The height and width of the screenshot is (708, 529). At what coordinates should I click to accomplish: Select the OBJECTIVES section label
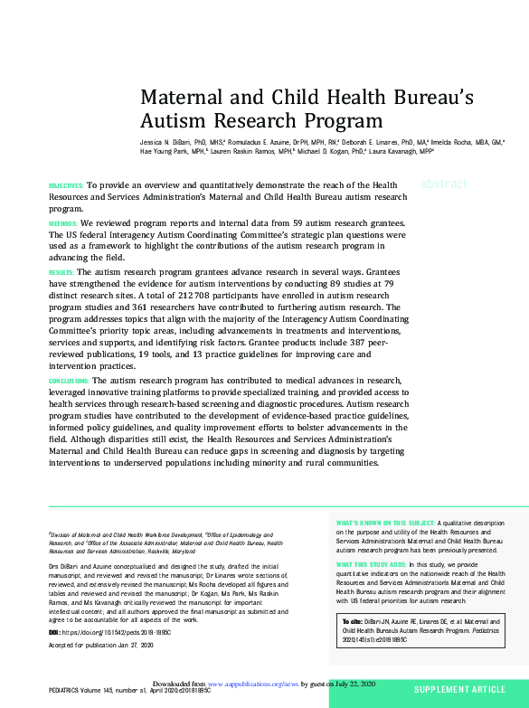coord(66,185)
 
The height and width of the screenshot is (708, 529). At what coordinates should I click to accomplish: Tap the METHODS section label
coord(63,222)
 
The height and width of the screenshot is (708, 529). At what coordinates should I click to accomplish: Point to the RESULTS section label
coord(61,272)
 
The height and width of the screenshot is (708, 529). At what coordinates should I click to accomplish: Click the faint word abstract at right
coord(444,184)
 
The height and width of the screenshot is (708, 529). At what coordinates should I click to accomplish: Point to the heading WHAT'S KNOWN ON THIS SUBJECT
coord(385,523)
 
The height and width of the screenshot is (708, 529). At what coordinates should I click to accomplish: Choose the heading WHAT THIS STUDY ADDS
coord(371,564)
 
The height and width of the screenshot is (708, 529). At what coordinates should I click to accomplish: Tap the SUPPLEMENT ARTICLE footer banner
coord(459,690)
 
